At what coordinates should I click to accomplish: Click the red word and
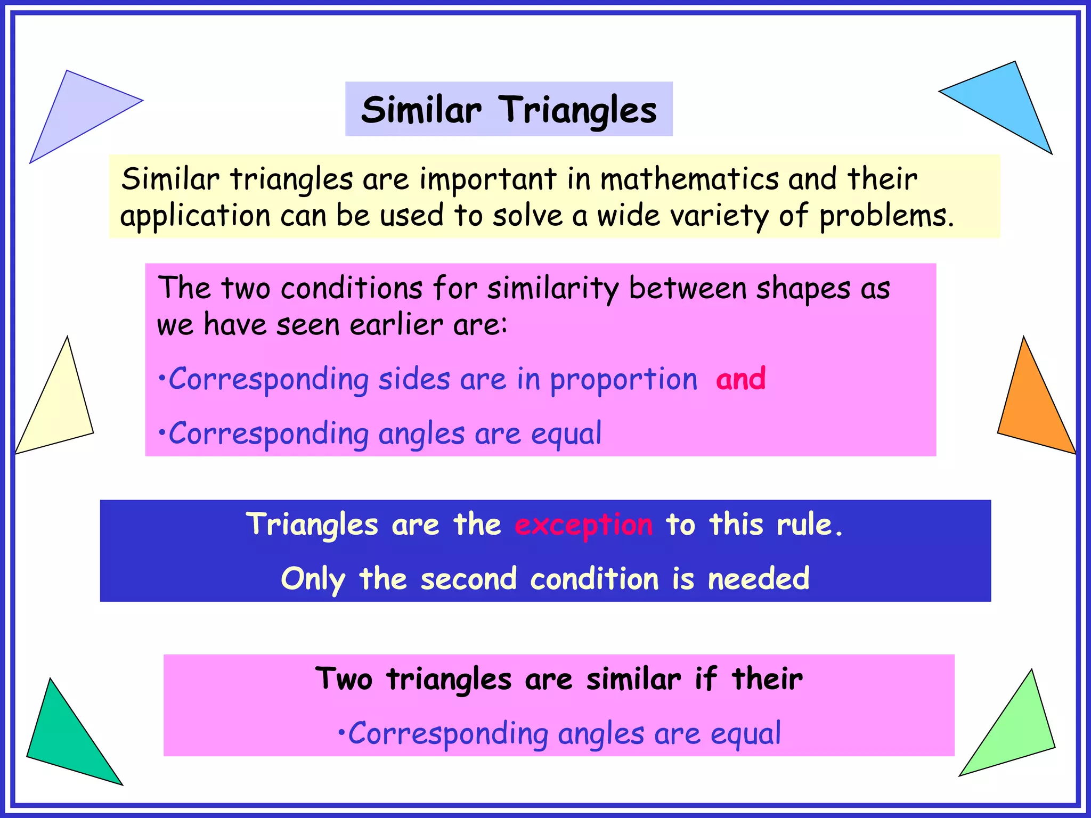tap(740, 379)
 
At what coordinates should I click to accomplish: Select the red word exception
tap(583, 525)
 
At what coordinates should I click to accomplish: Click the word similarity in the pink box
tap(552, 289)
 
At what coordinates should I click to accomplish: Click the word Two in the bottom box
tap(344, 679)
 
